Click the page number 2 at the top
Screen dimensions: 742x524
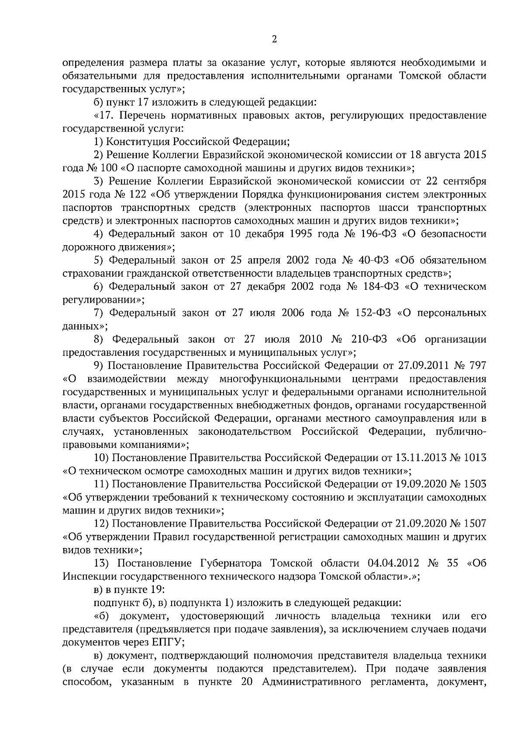pos(274,40)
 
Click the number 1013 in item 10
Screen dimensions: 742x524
pos(474,458)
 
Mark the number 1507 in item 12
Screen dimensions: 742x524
pos(474,523)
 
